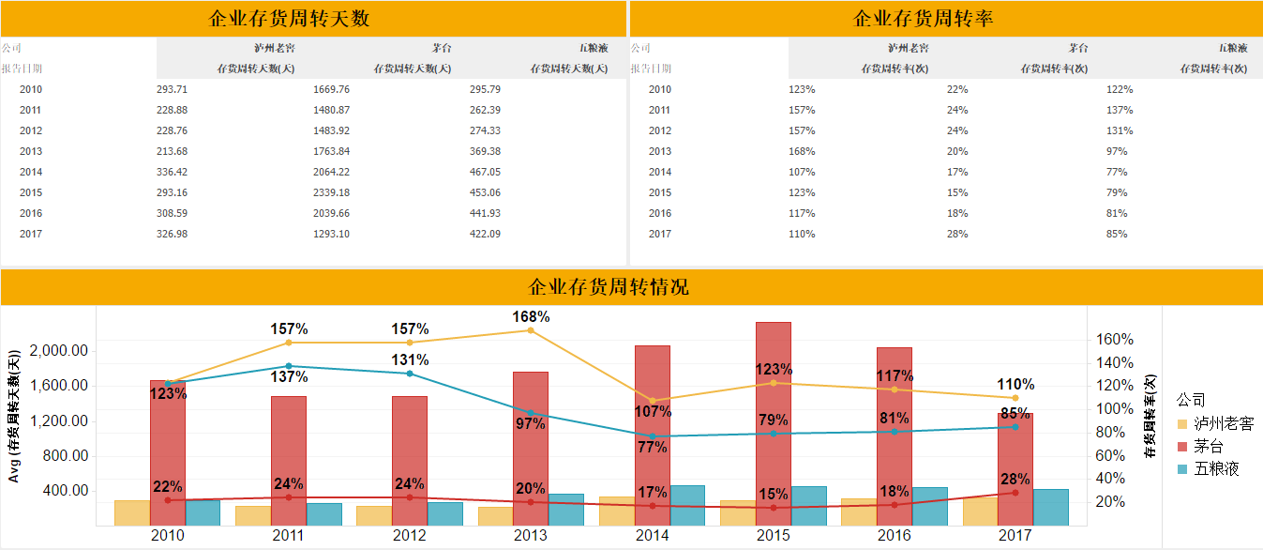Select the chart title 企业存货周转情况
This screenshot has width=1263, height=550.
pyautogui.click(x=609, y=287)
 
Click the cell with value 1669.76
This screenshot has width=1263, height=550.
pyautogui.click(x=331, y=89)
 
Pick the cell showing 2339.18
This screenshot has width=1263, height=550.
pyautogui.click(x=331, y=192)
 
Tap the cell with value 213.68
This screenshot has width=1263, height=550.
pyautogui.click(x=173, y=151)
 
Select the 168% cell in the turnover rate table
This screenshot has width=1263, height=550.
pyautogui.click(x=802, y=151)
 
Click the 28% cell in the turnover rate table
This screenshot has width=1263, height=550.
pyautogui.click(x=957, y=234)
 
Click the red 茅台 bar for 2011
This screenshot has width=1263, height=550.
pyautogui.click(x=289, y=451)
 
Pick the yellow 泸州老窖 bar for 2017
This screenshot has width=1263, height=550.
pyautogui.click(x=979, y=511)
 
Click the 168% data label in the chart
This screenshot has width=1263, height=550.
pyautogui.click(x=531, y=316)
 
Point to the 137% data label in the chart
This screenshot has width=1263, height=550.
pyautogui.click(x=290, y=377)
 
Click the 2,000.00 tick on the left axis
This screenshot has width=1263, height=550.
pyautogui.click(x=60, y=351)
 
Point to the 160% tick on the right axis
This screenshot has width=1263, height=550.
pyautogui.click(x=1115, y=340)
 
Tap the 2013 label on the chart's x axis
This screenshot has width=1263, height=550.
pyautogui.click(x=531, y=535)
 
